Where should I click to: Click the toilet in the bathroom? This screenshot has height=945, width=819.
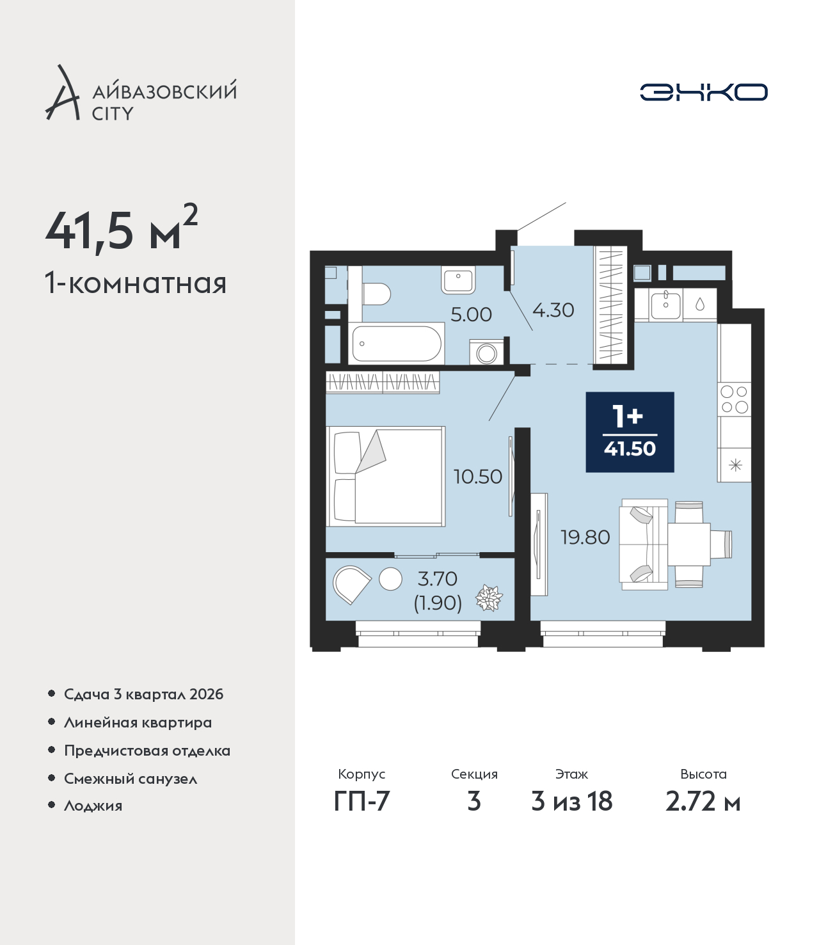click(376, 294)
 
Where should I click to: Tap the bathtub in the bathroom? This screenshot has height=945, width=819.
click(396, 343)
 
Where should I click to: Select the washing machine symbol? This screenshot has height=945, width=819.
click(486, 353)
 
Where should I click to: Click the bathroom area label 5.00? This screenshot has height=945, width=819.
click(471, 314)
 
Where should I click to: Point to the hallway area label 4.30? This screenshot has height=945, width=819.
click(553, 310)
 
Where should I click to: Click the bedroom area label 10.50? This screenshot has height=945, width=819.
click(478, 477)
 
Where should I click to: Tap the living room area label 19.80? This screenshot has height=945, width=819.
click(585, 537)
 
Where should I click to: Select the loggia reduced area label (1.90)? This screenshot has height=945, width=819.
click(438, 603)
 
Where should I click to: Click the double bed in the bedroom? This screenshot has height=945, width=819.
click(385, 477)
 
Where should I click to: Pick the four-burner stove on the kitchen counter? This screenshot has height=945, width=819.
click(734, 399)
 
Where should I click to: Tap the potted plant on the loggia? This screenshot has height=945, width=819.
click(489, 598)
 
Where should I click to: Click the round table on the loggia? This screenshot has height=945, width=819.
click(390, 579)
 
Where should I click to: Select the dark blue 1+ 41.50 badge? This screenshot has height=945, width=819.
click(630, 432)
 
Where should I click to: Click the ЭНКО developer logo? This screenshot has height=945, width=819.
click(703, 92)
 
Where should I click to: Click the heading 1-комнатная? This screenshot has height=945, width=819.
click(136, 283)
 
